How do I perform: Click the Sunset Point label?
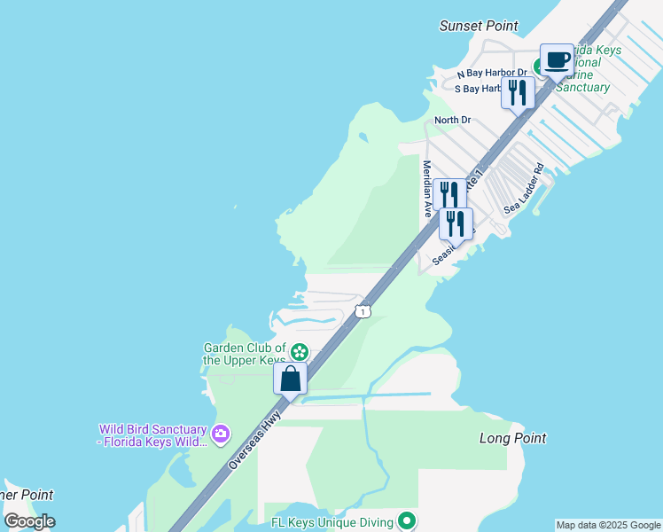(479, 26)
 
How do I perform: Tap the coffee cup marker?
(557, 60)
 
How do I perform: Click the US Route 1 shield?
(362, 311)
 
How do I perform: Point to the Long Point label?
(512, 438)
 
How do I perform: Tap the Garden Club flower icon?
(300, 353)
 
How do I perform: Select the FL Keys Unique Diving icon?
(407, 520)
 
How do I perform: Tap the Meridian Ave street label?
(427, 189)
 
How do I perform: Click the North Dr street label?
(452, 120)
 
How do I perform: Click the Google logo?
(29, 521)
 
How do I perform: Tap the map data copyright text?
(609, 525)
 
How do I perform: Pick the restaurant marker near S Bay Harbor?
(518, 93)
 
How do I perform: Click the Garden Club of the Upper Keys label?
(245, 354)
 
